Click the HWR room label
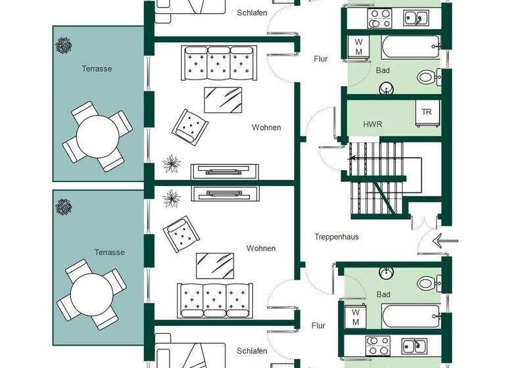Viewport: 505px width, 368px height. (372, 124)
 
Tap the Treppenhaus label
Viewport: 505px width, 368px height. (336, 237)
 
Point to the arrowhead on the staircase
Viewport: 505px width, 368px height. (352, 158)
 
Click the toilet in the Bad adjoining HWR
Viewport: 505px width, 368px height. (426, 78)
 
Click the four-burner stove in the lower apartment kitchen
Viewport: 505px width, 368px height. (378, 344)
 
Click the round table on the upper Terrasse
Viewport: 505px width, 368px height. (97, 136)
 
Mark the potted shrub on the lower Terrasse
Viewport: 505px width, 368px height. (64, 207)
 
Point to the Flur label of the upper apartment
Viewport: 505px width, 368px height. (320, 59)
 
